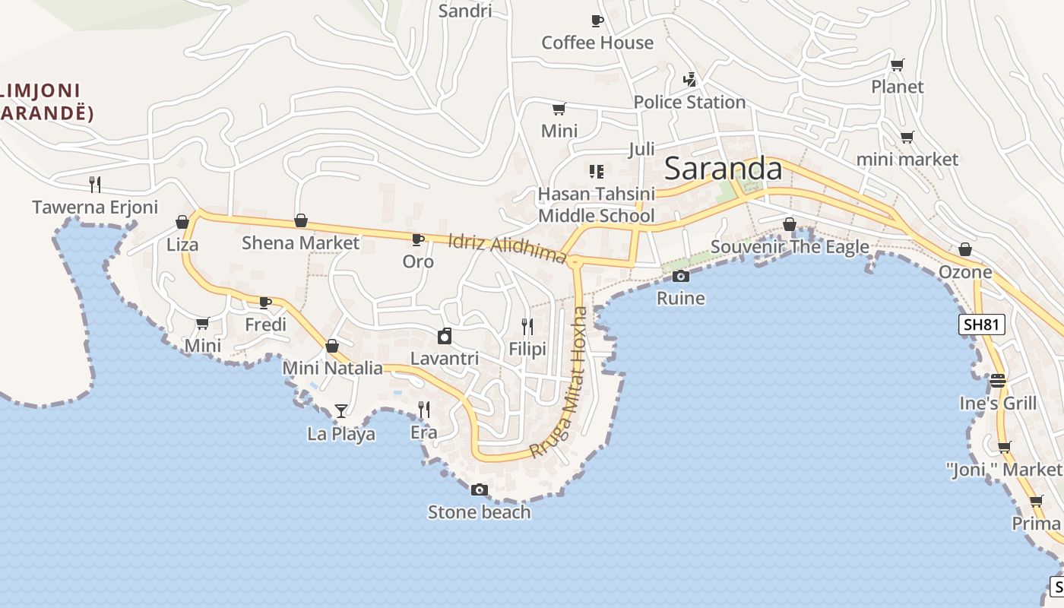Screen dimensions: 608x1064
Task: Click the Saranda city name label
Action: click(x=723, y=169)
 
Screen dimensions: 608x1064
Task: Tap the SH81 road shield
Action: click(x=980, y=325)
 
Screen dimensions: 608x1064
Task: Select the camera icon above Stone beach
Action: click(x=479, y=489)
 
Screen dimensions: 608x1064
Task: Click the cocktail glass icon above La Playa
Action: click(x=341, y=411)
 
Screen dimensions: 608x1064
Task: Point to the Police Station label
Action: click(x=689, y=102)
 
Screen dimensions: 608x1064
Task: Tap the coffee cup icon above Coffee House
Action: click(x=597, y=21)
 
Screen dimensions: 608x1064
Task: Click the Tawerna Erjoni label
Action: click(x=95, y=207)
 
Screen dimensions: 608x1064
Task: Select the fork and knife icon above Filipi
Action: click(x=527, y=327)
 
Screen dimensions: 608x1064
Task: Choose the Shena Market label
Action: click(x=300, y=242)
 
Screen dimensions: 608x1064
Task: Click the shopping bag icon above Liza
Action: click(x=182, y=222)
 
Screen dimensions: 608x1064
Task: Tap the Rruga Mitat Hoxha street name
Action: click(x=559, y=382)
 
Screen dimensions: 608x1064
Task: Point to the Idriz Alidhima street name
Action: click(x=508, y=249)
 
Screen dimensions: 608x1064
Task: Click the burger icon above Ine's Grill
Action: click(x=998, y=380)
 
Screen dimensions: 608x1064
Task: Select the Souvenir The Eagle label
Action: click(x=790, y=247)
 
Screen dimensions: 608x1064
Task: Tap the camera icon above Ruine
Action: click(x=681, y=276)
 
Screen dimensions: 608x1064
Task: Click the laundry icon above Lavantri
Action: click(x=445, y=335)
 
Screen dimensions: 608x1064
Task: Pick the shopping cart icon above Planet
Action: click(x=898, y=65)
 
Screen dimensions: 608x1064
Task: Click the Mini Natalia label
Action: click(x=332, y=368)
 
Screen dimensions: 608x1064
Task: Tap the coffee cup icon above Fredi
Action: click(x=265, y=302)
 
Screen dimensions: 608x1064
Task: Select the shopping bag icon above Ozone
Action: click(x=965, y=249)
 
